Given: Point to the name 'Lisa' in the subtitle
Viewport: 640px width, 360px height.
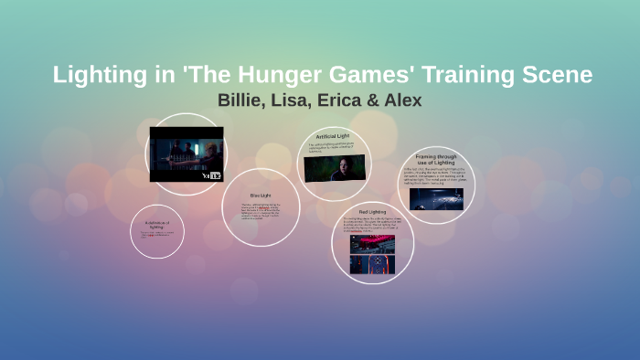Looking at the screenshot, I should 296,100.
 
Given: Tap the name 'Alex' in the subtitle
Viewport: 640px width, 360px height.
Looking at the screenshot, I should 405,100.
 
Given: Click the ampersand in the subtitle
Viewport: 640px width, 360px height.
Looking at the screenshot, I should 378,100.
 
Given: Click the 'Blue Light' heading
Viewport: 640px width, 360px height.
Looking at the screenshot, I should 261,195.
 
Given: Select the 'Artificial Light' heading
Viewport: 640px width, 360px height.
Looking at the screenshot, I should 333,136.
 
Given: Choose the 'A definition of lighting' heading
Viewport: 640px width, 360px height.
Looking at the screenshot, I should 157,224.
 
